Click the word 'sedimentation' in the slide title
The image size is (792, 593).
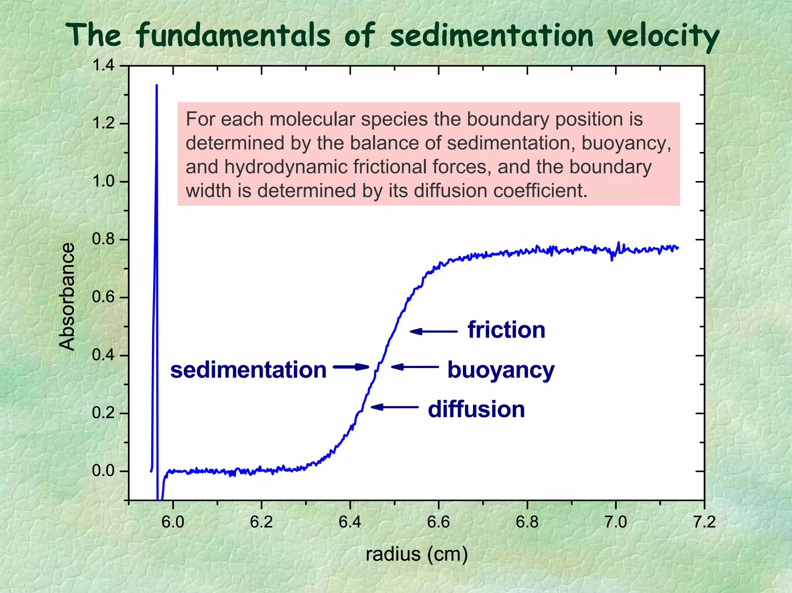point(491,36)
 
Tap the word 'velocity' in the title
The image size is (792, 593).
point(662,37)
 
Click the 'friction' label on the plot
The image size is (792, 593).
point(506,330)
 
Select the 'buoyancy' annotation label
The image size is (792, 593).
point(501,370)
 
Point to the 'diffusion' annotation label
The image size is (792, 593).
point(476,409)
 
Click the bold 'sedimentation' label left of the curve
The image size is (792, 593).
point(248,370)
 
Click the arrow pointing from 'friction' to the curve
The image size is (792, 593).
point(434,331)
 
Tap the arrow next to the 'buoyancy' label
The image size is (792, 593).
point(415,366)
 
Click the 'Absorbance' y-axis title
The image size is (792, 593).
point(67,296)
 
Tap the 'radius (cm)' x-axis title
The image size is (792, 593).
point(416,554)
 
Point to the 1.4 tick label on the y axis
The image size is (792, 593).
point(104,66)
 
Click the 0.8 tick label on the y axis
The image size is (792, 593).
point(104,240)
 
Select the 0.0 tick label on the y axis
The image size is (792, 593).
point(104,471)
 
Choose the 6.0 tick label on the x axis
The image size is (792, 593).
point(173,522)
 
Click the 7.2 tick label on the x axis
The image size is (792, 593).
point(704,522)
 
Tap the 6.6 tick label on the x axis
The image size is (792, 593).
point(439,522)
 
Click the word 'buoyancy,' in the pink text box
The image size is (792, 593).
point(626,143)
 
